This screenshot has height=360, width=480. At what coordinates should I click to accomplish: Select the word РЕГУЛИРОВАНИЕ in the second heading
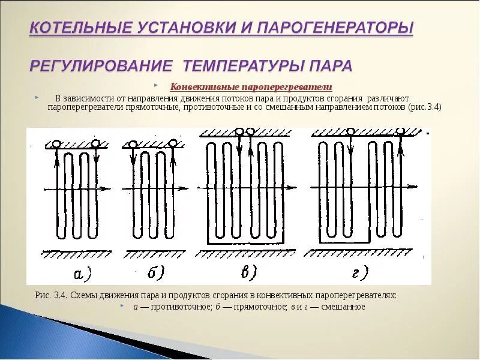click(x=101, y=65)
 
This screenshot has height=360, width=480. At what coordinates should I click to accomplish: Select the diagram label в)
click(x=247, y=273)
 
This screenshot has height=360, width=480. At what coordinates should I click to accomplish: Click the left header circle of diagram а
click(x=56, y=144)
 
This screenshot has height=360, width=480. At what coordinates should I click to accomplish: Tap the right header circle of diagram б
click(x=173, y=143)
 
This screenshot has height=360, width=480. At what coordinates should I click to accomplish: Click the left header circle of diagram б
click(x=131, y=144)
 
